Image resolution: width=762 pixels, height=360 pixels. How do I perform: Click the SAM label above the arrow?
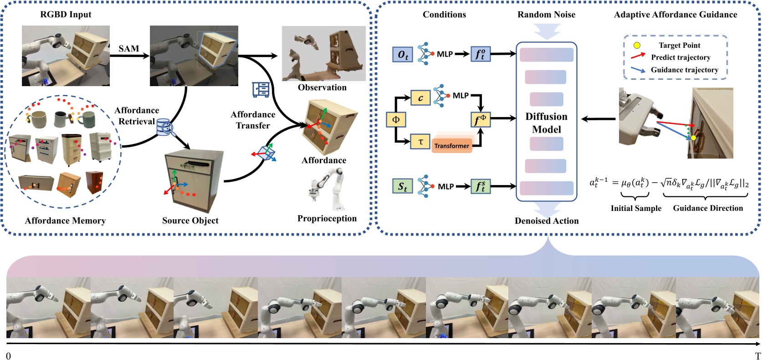pos(128,48)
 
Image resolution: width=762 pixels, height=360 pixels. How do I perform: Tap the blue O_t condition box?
pos(403,55)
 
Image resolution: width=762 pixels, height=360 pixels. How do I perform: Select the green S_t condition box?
pos(403,186)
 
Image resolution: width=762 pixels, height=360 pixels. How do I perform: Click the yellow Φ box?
pos(396,119)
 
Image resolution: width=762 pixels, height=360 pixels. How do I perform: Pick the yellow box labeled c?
pos(420,98)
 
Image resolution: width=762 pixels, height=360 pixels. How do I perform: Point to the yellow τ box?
pos(420,142)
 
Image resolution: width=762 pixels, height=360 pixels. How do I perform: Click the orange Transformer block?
pos(451,145)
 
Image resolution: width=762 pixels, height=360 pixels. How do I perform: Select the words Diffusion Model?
pos(546,123)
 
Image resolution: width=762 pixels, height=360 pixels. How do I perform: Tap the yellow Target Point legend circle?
pos(637,45)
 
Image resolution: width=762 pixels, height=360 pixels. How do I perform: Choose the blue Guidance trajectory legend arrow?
pos(638,70)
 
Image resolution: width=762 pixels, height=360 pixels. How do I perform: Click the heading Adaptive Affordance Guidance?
pos(675,15)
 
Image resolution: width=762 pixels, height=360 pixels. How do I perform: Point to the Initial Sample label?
pos(636,208)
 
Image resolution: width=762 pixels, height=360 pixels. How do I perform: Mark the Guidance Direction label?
pos(708,208)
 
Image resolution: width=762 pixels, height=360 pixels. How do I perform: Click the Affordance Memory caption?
pos(65,221)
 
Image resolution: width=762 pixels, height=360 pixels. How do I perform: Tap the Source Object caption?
pos(190,221)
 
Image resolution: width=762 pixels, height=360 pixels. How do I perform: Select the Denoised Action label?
pos(547,221)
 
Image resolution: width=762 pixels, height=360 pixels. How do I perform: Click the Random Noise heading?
pos(546,15)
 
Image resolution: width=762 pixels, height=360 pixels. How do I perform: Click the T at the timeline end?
pos(757,356)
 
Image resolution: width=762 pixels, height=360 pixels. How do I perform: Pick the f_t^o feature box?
pos(481,54)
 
